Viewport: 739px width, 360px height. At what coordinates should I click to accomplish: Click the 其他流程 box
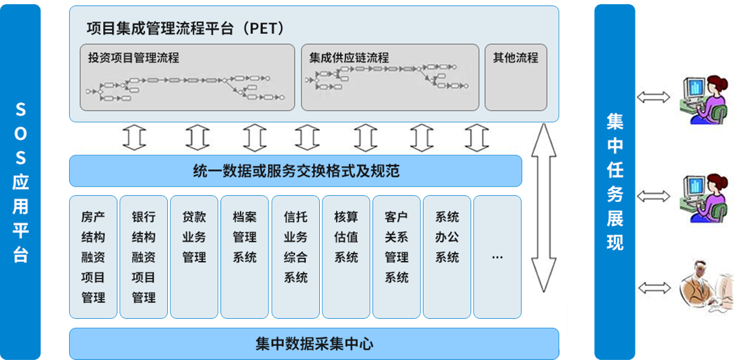coord(515,77)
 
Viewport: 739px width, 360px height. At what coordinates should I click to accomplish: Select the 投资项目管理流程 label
coord(134,58)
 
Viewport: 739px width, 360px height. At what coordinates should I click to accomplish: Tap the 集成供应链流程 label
coord(349,58)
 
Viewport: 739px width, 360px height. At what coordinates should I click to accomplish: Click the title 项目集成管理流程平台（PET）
coord(185,28)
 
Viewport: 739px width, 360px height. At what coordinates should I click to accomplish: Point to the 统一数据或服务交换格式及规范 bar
coord(296,171)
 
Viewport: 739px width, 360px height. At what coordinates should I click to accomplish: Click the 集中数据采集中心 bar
coord(314,344)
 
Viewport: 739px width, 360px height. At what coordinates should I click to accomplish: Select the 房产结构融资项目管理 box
coord(93,257)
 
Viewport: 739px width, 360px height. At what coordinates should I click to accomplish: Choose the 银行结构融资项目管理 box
coord(144,257)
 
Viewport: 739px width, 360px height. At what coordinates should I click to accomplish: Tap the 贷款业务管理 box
coord(194,257)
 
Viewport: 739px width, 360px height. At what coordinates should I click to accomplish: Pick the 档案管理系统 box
coord(245,257)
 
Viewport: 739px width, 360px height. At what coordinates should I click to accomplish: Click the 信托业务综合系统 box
coord(296,257)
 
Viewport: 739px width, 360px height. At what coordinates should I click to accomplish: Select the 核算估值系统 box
coord(346,257)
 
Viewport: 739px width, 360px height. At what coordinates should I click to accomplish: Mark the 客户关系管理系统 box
coord(397,257)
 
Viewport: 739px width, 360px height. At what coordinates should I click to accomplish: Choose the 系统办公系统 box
coord(447,257)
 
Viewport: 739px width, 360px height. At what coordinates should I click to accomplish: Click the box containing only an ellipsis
coord(497,257)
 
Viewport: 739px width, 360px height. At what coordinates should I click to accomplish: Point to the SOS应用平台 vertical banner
coord(21,182)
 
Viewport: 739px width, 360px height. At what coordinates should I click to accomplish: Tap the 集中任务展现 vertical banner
coord(615,182)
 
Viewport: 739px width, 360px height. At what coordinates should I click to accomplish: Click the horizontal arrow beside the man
coord(654,287)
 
